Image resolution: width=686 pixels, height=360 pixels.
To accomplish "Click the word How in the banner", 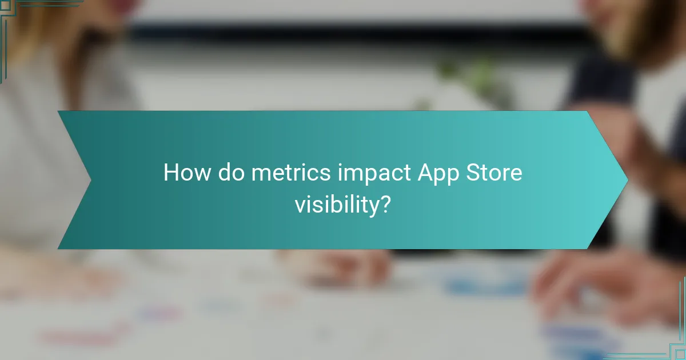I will tap(187, 173).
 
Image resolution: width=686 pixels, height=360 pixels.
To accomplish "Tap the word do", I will tap(231, 173).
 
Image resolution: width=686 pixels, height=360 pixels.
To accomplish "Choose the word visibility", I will tap(337, 205).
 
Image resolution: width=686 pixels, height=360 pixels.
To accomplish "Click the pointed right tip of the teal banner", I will tap(627, 180).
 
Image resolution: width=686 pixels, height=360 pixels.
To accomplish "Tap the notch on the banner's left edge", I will tap(90, 180).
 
